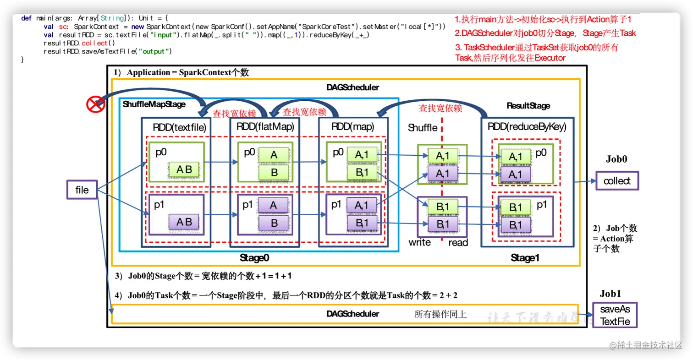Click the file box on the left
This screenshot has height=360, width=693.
(82, 189)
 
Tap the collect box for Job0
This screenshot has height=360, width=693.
(617, 181)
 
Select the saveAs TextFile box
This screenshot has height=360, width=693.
(615, 315)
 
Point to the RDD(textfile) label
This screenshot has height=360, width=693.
(180, 128)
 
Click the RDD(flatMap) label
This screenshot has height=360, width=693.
(265, 127)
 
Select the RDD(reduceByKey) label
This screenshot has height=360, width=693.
(527, 127)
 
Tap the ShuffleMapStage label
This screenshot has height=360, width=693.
(154, 104)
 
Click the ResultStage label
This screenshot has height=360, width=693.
(528, 106)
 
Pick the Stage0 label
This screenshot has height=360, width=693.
(254, 258)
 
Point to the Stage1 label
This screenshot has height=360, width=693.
(525, 258)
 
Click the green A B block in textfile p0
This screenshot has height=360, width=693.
(184, 170)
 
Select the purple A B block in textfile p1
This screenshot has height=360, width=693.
(184, 222)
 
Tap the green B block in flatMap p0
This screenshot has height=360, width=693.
(274, 173)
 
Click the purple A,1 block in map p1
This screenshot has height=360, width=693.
(361, 206)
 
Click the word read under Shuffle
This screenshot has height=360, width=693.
(458, 242)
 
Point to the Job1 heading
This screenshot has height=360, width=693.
(610, 294)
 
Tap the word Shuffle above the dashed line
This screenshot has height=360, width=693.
(423, 128)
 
